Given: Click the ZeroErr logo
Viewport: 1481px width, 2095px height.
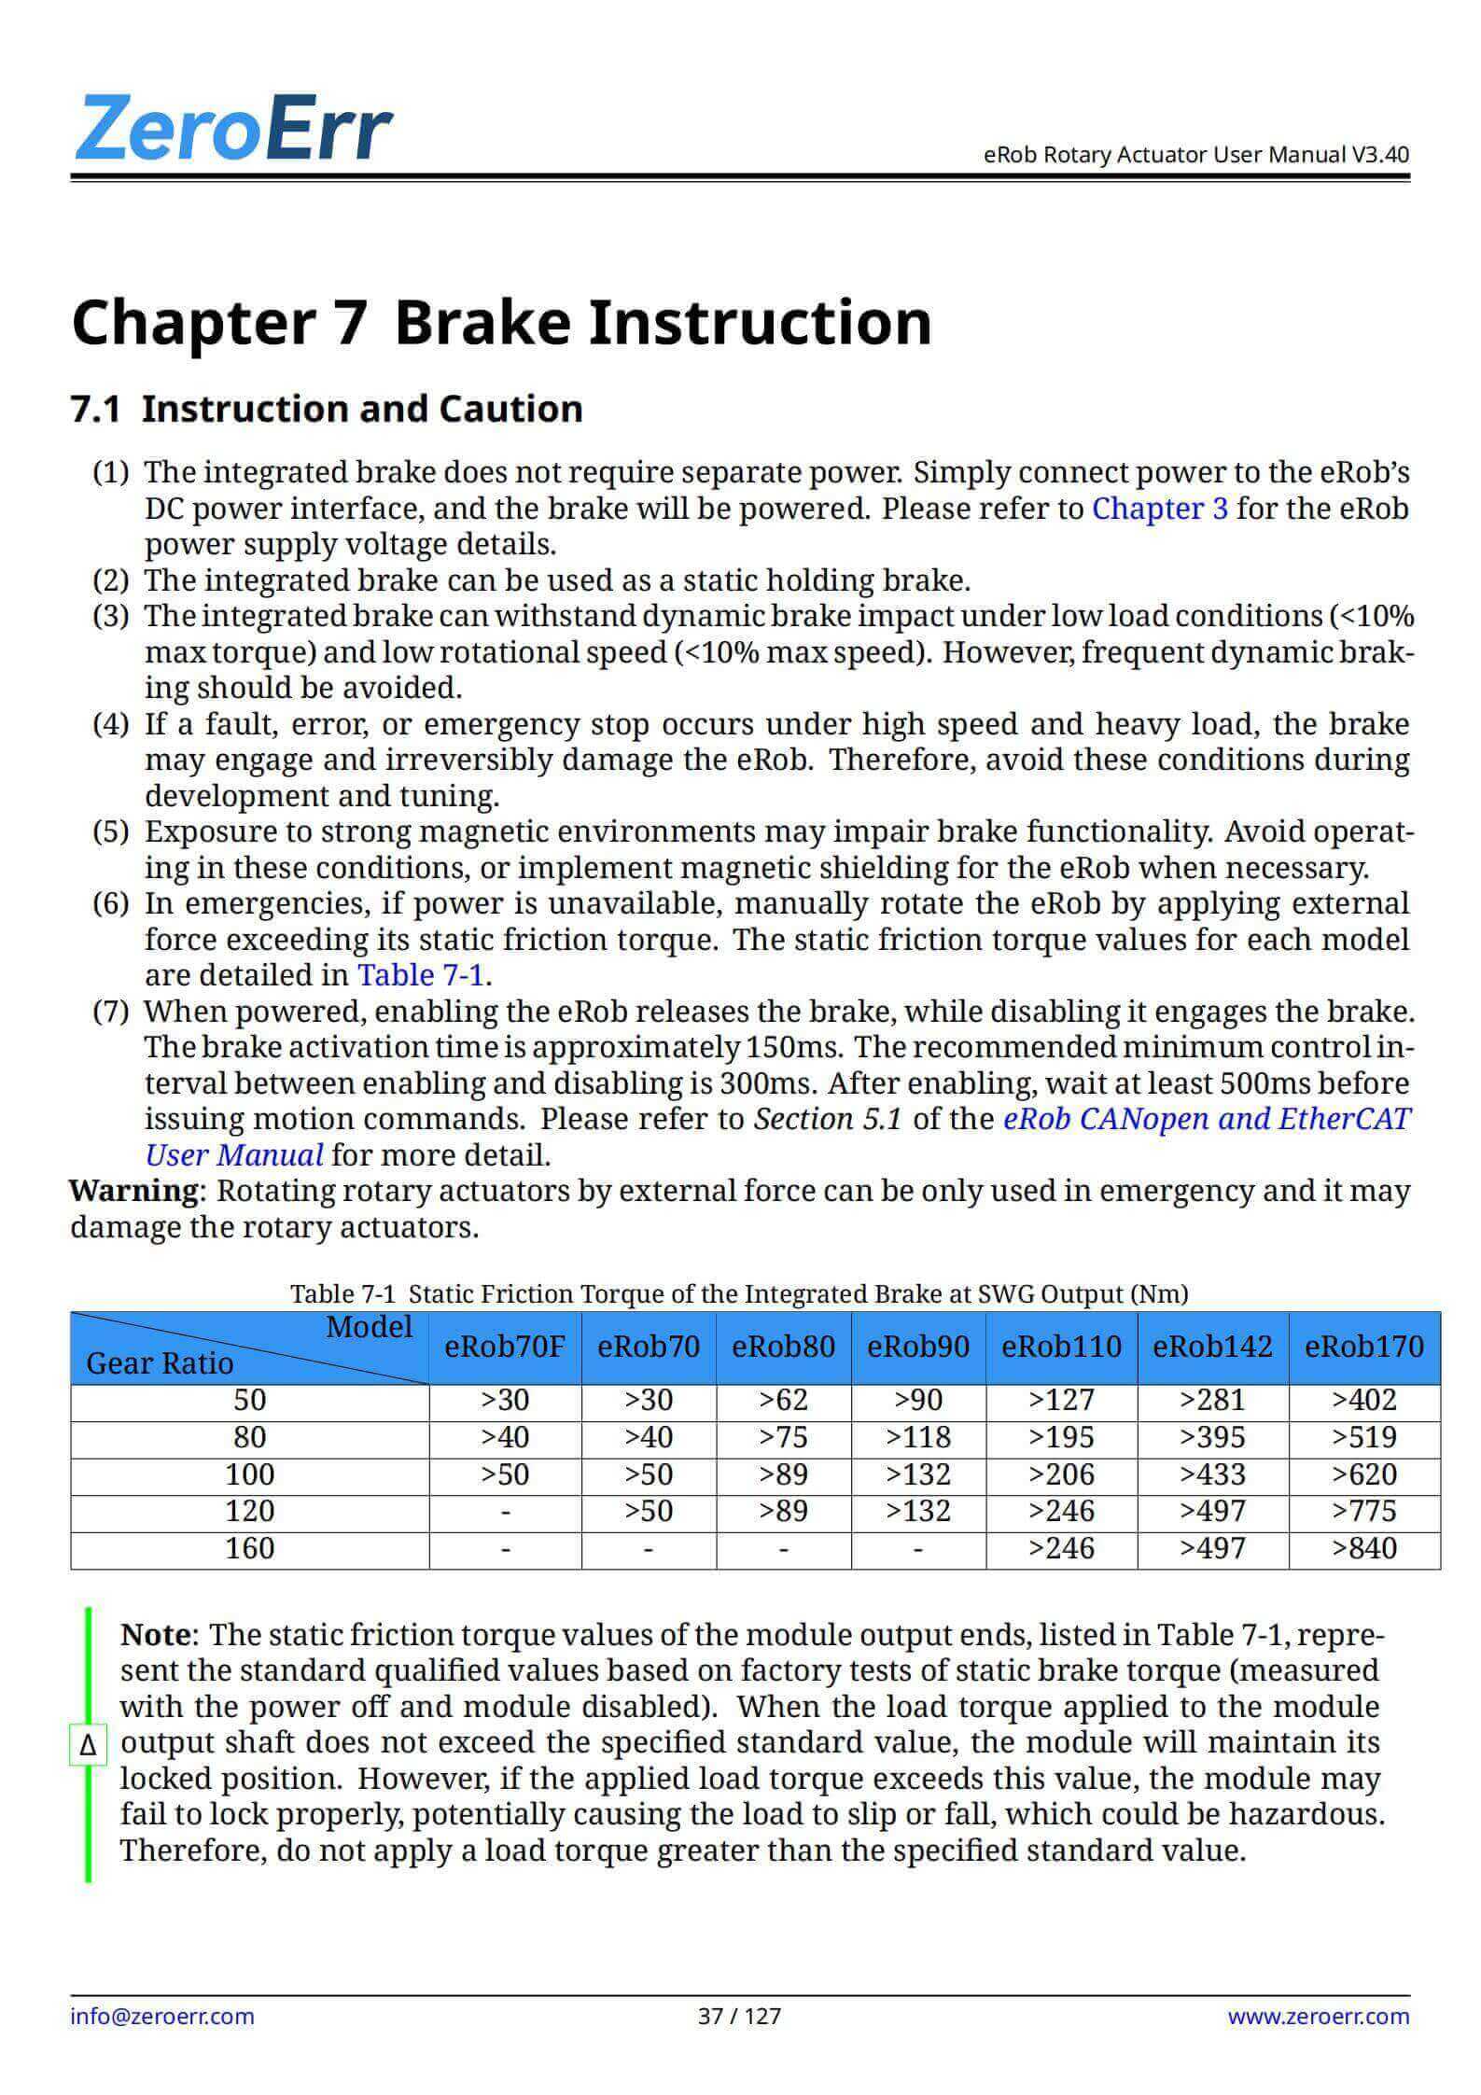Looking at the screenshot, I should [233, 128].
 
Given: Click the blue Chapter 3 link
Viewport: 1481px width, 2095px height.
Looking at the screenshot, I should [1159, 509].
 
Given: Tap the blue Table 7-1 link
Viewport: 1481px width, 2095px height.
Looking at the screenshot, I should [421, 975].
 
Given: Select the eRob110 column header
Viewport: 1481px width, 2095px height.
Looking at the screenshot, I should [1061, 1347].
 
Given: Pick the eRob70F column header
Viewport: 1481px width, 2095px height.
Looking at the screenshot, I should [505, 1347].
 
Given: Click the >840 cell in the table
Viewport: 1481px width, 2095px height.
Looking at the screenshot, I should [1364, 1548].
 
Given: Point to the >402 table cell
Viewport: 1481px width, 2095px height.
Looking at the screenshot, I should [1364, 1401].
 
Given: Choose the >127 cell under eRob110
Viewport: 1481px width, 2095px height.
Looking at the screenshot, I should [1061, 1401].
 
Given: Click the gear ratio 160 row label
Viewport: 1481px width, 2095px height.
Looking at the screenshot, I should [249, 1548].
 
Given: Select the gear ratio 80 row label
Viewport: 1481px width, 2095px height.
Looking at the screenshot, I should [249, 1437].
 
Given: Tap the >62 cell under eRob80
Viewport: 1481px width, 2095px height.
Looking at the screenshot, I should [783, 1401].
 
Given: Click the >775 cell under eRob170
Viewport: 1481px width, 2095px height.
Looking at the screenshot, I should [1364, 1511].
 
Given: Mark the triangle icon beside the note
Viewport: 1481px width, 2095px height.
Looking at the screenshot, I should [89, 1744].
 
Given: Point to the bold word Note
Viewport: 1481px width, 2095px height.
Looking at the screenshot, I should [156, 1635].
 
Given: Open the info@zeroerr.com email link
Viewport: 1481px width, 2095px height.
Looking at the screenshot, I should [162, 2016].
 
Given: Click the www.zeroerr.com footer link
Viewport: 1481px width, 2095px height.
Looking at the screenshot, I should [1318, 2016].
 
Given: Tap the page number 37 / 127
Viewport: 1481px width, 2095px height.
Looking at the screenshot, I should [739, 2016].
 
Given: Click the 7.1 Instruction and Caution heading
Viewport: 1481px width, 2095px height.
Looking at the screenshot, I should [327, 409].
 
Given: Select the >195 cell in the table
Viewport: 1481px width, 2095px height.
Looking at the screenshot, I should [1061, 1437].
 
